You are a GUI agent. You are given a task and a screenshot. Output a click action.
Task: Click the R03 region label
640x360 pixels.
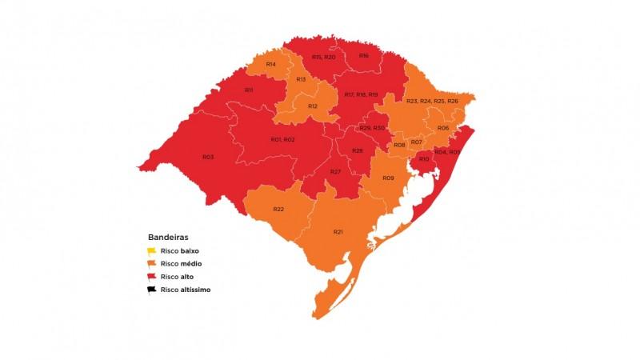[x=208, y=157]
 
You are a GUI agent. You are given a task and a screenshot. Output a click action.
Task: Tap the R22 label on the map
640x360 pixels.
[x=278, y=209]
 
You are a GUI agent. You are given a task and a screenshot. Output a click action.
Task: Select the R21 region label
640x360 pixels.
[x=338, y=231]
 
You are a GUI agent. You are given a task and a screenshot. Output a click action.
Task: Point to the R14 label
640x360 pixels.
[x=271, y=64]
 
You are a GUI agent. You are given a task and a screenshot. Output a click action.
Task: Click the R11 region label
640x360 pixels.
[x=249, y=90]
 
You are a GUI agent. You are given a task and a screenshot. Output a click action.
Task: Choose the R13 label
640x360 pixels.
[x=301, y=79]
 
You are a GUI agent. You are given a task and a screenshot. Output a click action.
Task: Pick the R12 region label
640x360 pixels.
[x=312, y=106]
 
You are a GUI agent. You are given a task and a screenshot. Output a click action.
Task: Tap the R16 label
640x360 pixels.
[x=363, y=56]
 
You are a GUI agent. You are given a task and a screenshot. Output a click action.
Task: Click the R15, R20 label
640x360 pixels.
[x=323, y=57]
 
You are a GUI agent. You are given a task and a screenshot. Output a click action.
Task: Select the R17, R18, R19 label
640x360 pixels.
[x=361, y=94]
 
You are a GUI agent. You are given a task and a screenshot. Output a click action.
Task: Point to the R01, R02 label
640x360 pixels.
[x=282, y=140]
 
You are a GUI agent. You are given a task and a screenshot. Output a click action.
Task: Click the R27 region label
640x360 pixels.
[x=336, y=172]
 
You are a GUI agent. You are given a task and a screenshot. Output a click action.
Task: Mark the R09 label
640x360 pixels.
[x=388, y=178]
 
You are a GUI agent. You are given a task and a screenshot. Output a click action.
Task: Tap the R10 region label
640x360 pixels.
[x=424, y=160]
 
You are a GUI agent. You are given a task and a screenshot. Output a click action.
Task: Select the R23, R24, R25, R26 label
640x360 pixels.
[x=432, y=101]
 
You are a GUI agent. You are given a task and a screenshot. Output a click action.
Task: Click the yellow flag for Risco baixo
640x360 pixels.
[x=152, y=250]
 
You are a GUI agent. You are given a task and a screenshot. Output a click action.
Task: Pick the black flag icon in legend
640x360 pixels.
[x=152, y=289]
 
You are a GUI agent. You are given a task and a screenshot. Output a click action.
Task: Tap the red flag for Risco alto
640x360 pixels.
[x=152, y=276]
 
